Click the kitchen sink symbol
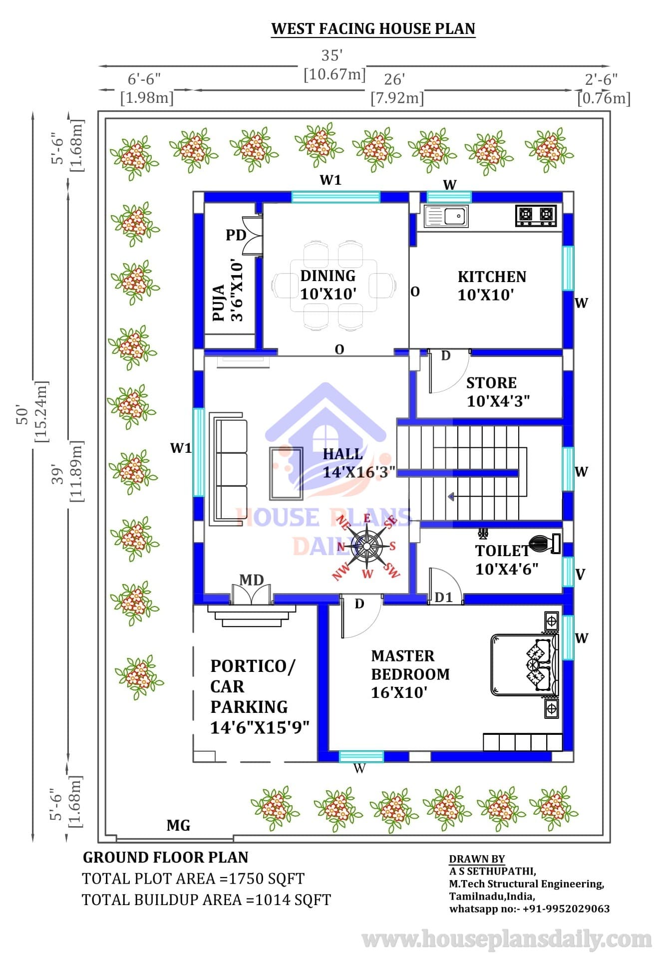[x=446, y=216]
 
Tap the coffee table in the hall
[x=286, y=474]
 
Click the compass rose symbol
[x=367, y=546]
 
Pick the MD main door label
[x=252, y=580]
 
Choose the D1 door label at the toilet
[x=443, y=597]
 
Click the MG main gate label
[x=178, y=825]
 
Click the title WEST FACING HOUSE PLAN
[x=373, y=28]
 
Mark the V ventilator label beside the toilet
[x=580, y=574]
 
